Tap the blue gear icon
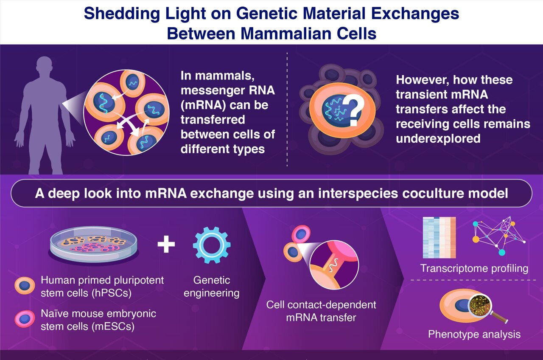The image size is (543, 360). pos(212,245)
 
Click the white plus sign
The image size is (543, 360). pos(166,245)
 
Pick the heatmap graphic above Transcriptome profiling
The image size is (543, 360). pos(439,237)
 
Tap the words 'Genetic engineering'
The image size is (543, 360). pos(211,287)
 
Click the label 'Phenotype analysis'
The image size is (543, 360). pos(474,334)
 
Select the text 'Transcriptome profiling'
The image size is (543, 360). pos(474,268)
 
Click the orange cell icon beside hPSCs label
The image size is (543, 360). pos(25,286)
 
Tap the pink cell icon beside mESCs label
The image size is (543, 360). pos(25,319)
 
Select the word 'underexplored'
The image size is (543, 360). pos(438,138)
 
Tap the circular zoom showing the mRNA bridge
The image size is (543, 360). pos(334,268)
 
